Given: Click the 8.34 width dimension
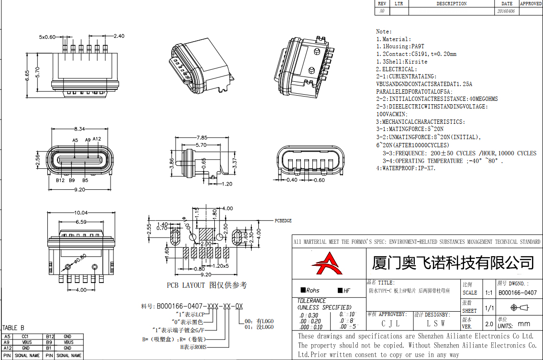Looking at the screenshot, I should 79,129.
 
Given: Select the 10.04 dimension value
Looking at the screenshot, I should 80,213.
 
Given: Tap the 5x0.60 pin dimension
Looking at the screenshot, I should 47,37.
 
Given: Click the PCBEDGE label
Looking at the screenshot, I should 283,221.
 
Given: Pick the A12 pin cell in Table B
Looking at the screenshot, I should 7,349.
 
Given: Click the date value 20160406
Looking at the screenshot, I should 506,11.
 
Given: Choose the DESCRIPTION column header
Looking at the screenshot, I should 451,4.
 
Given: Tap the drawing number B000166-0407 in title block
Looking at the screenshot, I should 517,293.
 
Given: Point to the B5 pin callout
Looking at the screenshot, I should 85,181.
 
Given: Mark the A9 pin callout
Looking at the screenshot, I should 88,140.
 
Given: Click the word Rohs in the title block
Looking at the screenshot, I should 312,290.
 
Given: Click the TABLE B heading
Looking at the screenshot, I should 13,327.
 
